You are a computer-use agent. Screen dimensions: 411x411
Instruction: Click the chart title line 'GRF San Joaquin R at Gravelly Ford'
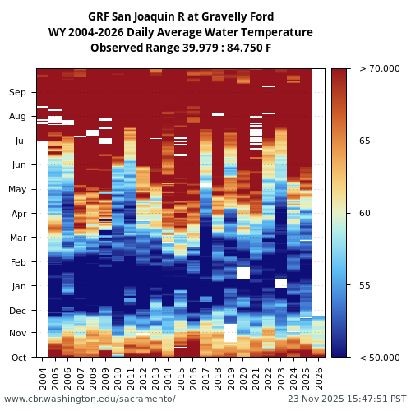pos(181,16)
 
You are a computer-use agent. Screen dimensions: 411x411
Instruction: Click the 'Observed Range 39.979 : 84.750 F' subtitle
pos(181,48)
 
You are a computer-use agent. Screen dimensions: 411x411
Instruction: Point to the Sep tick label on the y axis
pos(17,93)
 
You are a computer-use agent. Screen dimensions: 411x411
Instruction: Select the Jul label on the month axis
pos(19,141)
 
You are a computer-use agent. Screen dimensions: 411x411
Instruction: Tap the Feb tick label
pos(18,262)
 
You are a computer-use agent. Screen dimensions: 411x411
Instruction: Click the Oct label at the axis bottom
pos(18,358)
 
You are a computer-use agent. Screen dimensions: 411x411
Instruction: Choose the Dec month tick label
pos(17,311)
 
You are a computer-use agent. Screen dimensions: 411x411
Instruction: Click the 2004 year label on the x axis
pos(43,377)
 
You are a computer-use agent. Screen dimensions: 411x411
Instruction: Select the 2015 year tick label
pos(180,377)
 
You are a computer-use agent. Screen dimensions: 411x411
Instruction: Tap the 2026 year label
pos(318,377)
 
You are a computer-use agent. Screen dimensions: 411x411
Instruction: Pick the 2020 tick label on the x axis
pos(243,377)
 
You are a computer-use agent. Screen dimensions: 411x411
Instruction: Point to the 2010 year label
pos(118,377)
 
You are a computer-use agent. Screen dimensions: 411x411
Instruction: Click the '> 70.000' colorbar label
pos(379,69)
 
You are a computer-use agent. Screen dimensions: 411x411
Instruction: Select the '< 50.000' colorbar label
pos(379,358)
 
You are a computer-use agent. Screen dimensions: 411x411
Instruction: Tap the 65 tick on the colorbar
pos(364,141)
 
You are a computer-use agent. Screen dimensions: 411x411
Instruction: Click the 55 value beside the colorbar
pos(364,285)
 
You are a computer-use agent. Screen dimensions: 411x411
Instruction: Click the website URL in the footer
pos(90,399)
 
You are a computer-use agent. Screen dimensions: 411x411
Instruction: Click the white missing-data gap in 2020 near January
pos(243,273)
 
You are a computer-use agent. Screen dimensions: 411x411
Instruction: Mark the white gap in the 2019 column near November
pos(230,333)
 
